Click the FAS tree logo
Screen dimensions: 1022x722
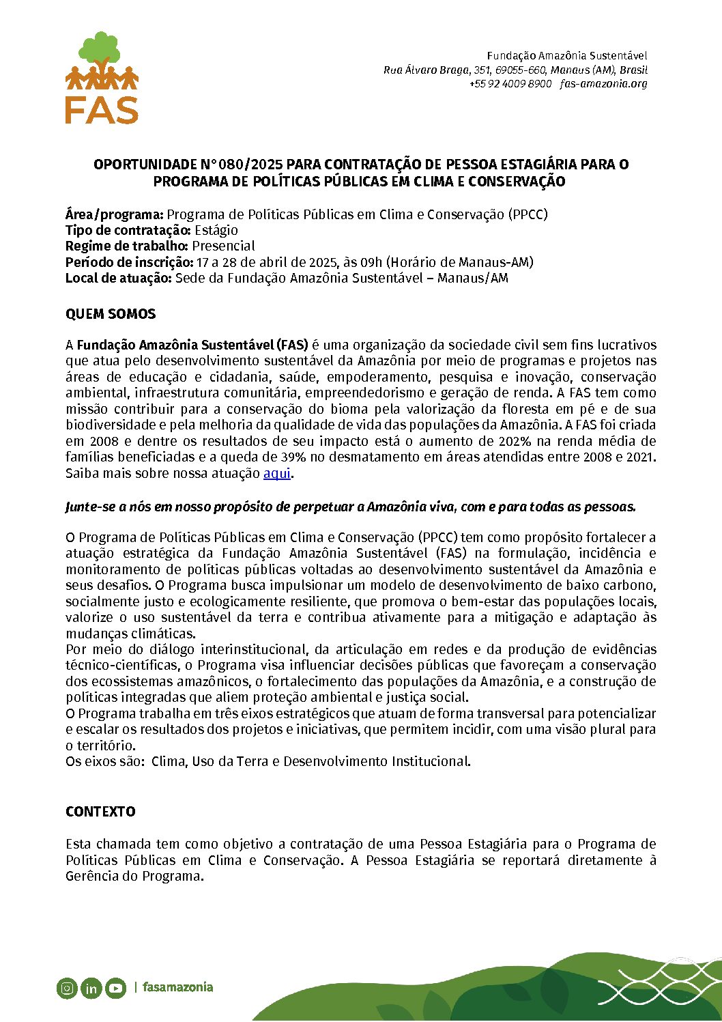(x=102, y=77)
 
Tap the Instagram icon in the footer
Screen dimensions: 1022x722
(x=67, y=987)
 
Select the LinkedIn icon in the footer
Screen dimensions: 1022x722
(x=91, y=988)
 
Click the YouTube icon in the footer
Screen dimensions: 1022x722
(x=115, y=988)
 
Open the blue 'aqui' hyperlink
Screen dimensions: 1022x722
(x=276, y=473)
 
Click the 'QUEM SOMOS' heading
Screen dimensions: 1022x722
(x=111, y=314)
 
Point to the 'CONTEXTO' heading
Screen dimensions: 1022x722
(x=100, y=812)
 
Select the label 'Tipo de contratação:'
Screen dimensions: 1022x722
(x=128, y=230)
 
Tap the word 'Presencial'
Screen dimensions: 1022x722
(x=223, y=246)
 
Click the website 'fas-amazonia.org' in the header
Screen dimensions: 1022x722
(x=603, y=84)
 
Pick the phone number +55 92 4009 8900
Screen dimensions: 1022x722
(x=510, y=84)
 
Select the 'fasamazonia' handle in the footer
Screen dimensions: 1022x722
(x=177, y=987)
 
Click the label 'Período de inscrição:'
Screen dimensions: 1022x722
(x=129, y=262)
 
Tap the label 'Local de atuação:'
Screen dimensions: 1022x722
(x=119, y=278)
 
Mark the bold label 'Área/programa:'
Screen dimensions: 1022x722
(x=115, y=214)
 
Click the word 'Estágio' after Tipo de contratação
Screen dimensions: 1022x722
(x=216, y=230)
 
